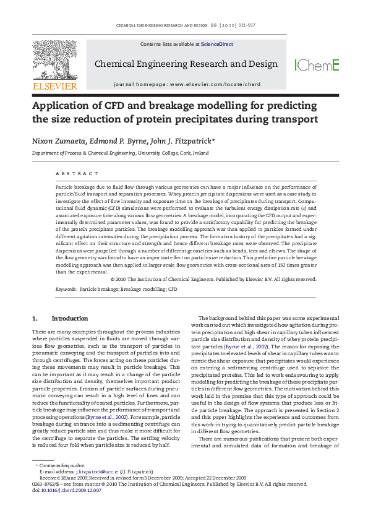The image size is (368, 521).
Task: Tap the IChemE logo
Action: click(317, 65)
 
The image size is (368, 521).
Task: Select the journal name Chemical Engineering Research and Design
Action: click(186, 64)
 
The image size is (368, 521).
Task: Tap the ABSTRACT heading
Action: click(77, 174)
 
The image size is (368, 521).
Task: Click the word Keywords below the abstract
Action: click(66, 289)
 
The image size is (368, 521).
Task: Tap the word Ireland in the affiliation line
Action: click(200, 153)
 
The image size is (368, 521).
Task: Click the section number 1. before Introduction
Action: click(35, 319)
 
